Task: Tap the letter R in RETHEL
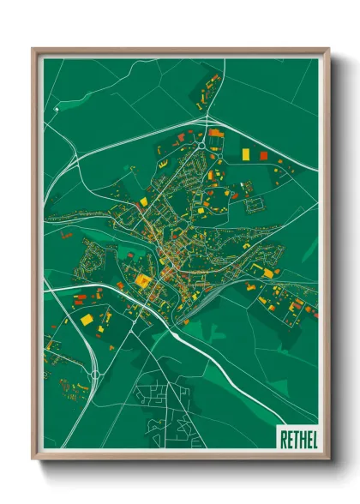[283, 440]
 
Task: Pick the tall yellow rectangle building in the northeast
[246, 153]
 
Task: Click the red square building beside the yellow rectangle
[264, 156]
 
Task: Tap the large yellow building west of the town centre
[141, 280]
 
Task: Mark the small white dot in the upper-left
[56, 110]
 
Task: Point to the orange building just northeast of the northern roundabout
[214, 134]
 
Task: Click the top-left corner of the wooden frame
[33, 50]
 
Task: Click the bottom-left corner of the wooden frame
[33, 460]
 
